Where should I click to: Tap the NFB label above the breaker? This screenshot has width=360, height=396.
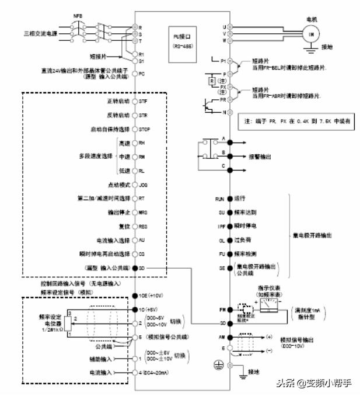78,16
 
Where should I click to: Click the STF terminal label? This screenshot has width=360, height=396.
143,102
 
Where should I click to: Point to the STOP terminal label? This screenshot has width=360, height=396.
145,128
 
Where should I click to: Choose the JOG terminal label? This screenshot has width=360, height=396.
143,185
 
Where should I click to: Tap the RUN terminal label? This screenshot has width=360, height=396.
219,199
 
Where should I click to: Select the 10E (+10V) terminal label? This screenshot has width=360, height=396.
149,296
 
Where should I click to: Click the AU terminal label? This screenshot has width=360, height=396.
142,240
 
